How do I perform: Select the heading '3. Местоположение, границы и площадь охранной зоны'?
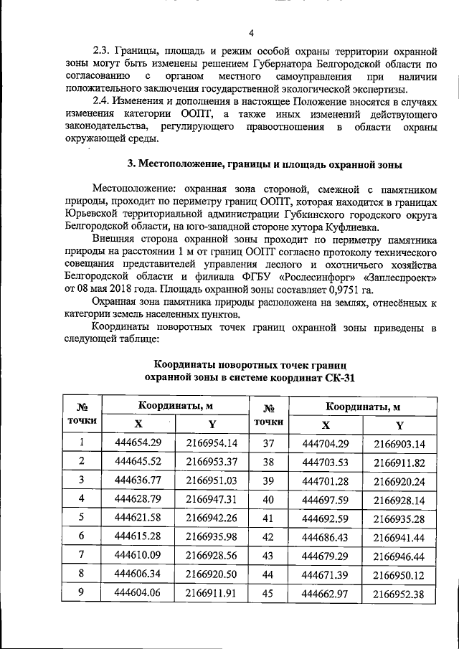pyautogui.click(x=264, y=164)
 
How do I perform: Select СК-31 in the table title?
pyautogui.click(x=336, y=376)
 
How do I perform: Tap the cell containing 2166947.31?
pyautogui.click(x=211, y=498)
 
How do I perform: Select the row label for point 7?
pyautogui.click(x=81, y=554)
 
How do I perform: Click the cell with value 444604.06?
pyautogui.click(x=138, y=592)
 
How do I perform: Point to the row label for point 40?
pyautogui.click(x=269, y=498)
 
